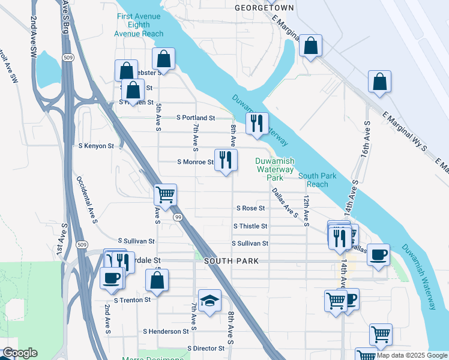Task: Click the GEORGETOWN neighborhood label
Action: (264, 8)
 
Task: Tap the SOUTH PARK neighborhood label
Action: (231, 261)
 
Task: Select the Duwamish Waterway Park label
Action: (274, 169)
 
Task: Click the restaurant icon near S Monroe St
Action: (226, 160)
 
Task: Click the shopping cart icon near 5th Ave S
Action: (165, 194)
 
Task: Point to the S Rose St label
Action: (251, 208)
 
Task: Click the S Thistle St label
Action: (250, 226)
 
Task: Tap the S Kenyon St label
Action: (96, 146)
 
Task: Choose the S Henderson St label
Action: (166, 331)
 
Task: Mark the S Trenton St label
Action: (132, 299)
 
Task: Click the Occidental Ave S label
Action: (87, 200)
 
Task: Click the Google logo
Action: (20, 353)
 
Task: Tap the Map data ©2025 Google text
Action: (412, 355)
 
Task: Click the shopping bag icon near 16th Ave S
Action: (380, 82)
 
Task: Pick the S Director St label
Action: (205, 348)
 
